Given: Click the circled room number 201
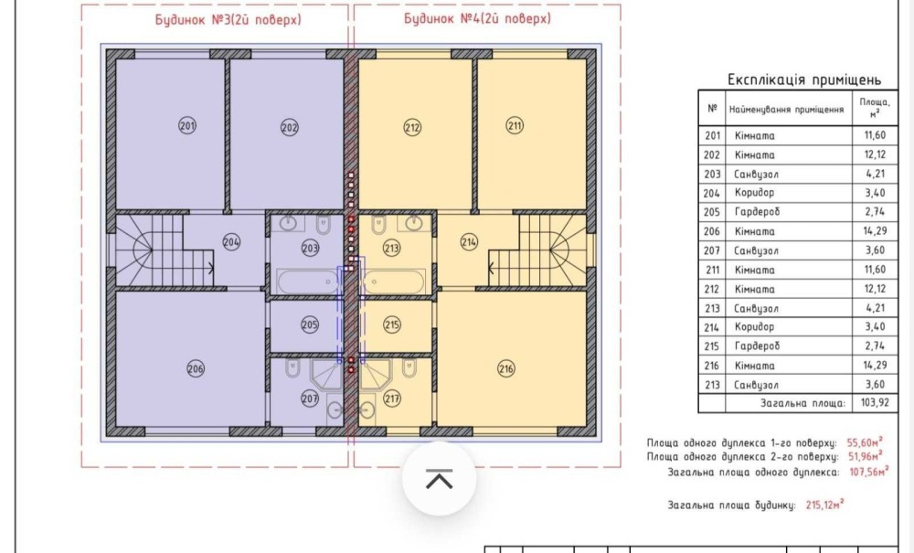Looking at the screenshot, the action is (x=187, y=125).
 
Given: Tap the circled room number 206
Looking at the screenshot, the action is (x=196, y=368).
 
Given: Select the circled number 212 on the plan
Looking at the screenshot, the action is (x=412, y=127).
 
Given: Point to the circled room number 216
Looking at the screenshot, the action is (x=506, y=368).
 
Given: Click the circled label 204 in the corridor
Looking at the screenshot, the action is (x=231, y=242).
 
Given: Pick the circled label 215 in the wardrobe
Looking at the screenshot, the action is (x=392, y=324).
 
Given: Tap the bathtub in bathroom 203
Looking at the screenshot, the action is (x=307, y=282).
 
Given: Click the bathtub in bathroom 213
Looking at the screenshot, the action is (x=394, y=282).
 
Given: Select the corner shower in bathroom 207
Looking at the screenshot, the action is (x=325, y=374).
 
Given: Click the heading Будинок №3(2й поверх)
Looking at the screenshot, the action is (x=228, y=19).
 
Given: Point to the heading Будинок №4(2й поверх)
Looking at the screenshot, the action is (x=477, y=18).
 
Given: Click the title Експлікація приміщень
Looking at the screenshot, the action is (x=804, y=80).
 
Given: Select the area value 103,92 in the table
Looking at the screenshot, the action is (x=875, y=403).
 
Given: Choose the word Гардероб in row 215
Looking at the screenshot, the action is (x=757, y=346).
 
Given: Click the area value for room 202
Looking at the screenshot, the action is (x=875, y=154).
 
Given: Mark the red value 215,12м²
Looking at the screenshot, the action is (x=825, y=504).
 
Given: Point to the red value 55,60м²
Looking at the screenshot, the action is (x=865, y=441).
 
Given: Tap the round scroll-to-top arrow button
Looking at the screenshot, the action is (x=439, y=478).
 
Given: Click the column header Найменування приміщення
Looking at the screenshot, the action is (x=786, y=110).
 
